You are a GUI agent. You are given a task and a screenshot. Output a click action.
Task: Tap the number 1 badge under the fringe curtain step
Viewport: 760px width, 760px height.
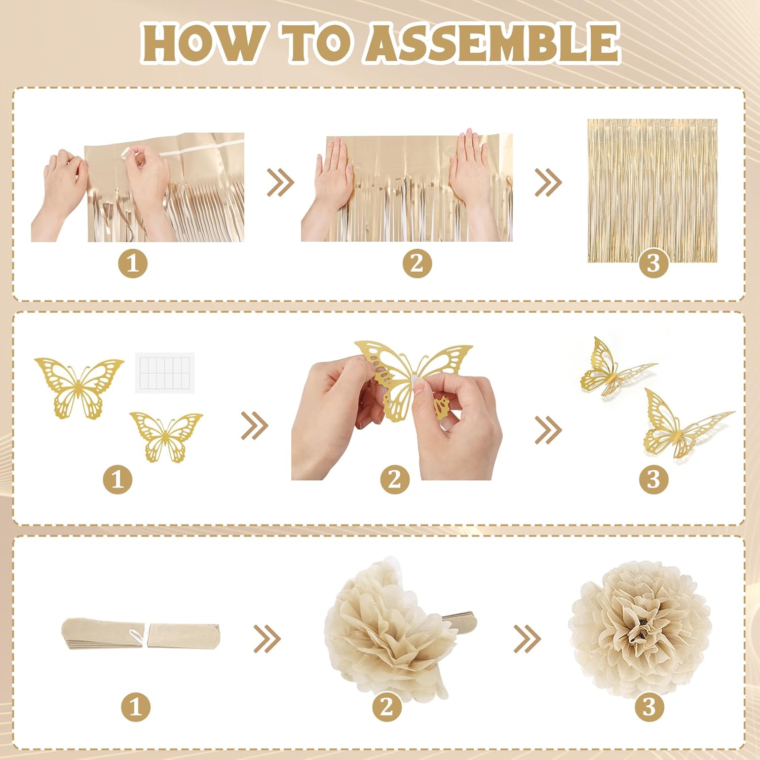(x=133, y=264)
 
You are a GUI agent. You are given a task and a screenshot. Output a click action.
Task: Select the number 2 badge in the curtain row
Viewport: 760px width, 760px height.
(x=417, y=264)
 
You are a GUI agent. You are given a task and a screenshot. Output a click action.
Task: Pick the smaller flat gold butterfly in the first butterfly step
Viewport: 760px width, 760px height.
(x=166, y=436)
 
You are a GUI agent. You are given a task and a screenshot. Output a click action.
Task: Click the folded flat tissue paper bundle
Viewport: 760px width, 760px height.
(x=140, y=636)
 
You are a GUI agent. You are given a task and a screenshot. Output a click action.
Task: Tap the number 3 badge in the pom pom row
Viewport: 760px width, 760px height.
(x=649, y=707)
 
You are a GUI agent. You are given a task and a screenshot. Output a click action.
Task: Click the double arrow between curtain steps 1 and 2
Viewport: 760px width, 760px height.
(x=280, y=182)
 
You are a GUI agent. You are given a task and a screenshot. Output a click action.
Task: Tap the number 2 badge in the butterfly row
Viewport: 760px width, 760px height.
(x=395, y=479)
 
